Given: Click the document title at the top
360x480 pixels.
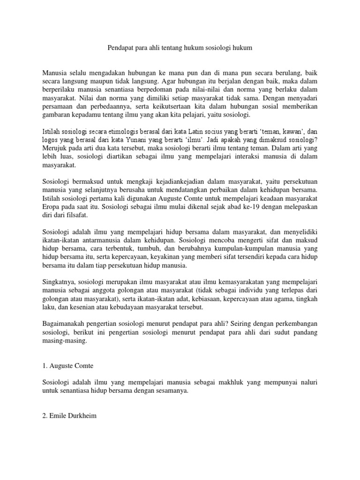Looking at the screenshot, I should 180,49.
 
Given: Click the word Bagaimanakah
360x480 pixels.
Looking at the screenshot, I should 63,323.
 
